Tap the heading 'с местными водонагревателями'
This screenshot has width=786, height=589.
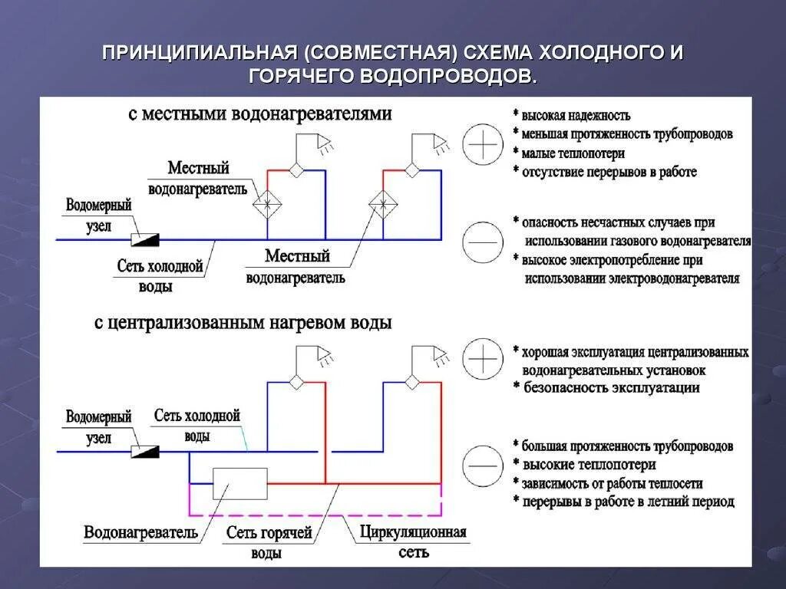click(x=259, y=114)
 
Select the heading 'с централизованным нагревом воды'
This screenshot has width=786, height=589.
click(x=243, y=323)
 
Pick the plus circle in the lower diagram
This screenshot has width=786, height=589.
click(x=483, y=360)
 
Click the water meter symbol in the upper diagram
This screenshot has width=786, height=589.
click(x=144, y=240)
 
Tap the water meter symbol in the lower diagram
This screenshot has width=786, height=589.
click(x=144, y=452)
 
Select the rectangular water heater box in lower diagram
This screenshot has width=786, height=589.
click(x=240, y=484)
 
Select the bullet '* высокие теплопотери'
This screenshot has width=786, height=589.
click(x=584, y=465)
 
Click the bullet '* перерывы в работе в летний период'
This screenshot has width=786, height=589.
click(x=623, y=502)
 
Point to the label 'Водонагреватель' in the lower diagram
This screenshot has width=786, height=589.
click(x=141, y=532)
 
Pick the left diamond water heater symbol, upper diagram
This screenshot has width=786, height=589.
click(x=267, y=205)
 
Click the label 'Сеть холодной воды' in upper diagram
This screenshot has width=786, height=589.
click(x=160, y=276)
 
